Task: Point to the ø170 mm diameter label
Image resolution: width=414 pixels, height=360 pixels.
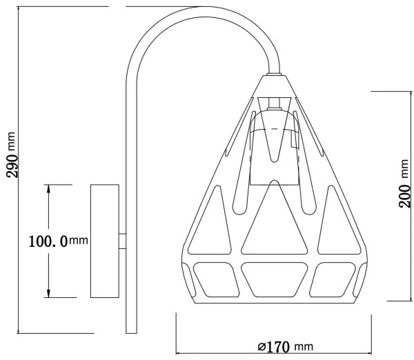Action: [x=279, y=346]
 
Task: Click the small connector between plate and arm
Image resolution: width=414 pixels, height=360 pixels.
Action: [x=122, y=241]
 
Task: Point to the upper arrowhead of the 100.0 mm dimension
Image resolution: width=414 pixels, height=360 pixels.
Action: [x=48, y=188]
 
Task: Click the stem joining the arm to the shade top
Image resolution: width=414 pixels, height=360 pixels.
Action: [x=273, y=68]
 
